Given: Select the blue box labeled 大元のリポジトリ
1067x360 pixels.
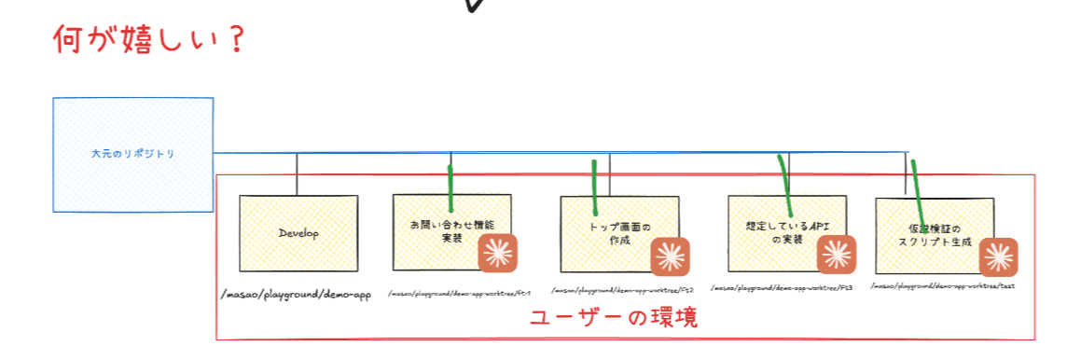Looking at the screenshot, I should click(x=132, y=153).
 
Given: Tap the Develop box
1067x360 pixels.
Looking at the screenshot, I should click(x=298, y=233).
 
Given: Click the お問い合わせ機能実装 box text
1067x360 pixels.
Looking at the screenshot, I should click(x=451, y=231).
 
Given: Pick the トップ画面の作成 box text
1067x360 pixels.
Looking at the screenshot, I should click(x=618, y=233).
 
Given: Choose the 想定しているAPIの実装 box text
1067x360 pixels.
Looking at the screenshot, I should click(x=786, y=232).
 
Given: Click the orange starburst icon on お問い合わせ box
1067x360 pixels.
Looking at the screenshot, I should click(x=497, y=253).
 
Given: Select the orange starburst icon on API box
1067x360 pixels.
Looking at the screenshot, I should click(x=837, y=253).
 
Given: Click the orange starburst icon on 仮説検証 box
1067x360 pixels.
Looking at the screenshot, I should click(x=998, y=256).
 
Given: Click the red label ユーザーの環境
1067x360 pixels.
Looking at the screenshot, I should click(x=613, y=317).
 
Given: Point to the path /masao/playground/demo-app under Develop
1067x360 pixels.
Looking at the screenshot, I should click(x=296, y=296).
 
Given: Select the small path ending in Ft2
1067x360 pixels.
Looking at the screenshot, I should click(x=622, y=291).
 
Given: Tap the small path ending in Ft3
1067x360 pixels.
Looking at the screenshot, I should click(x=782, y=289).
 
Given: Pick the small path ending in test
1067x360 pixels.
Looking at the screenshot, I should click(x=942, y=285).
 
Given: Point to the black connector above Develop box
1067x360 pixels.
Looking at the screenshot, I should click(x=297, y=173).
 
